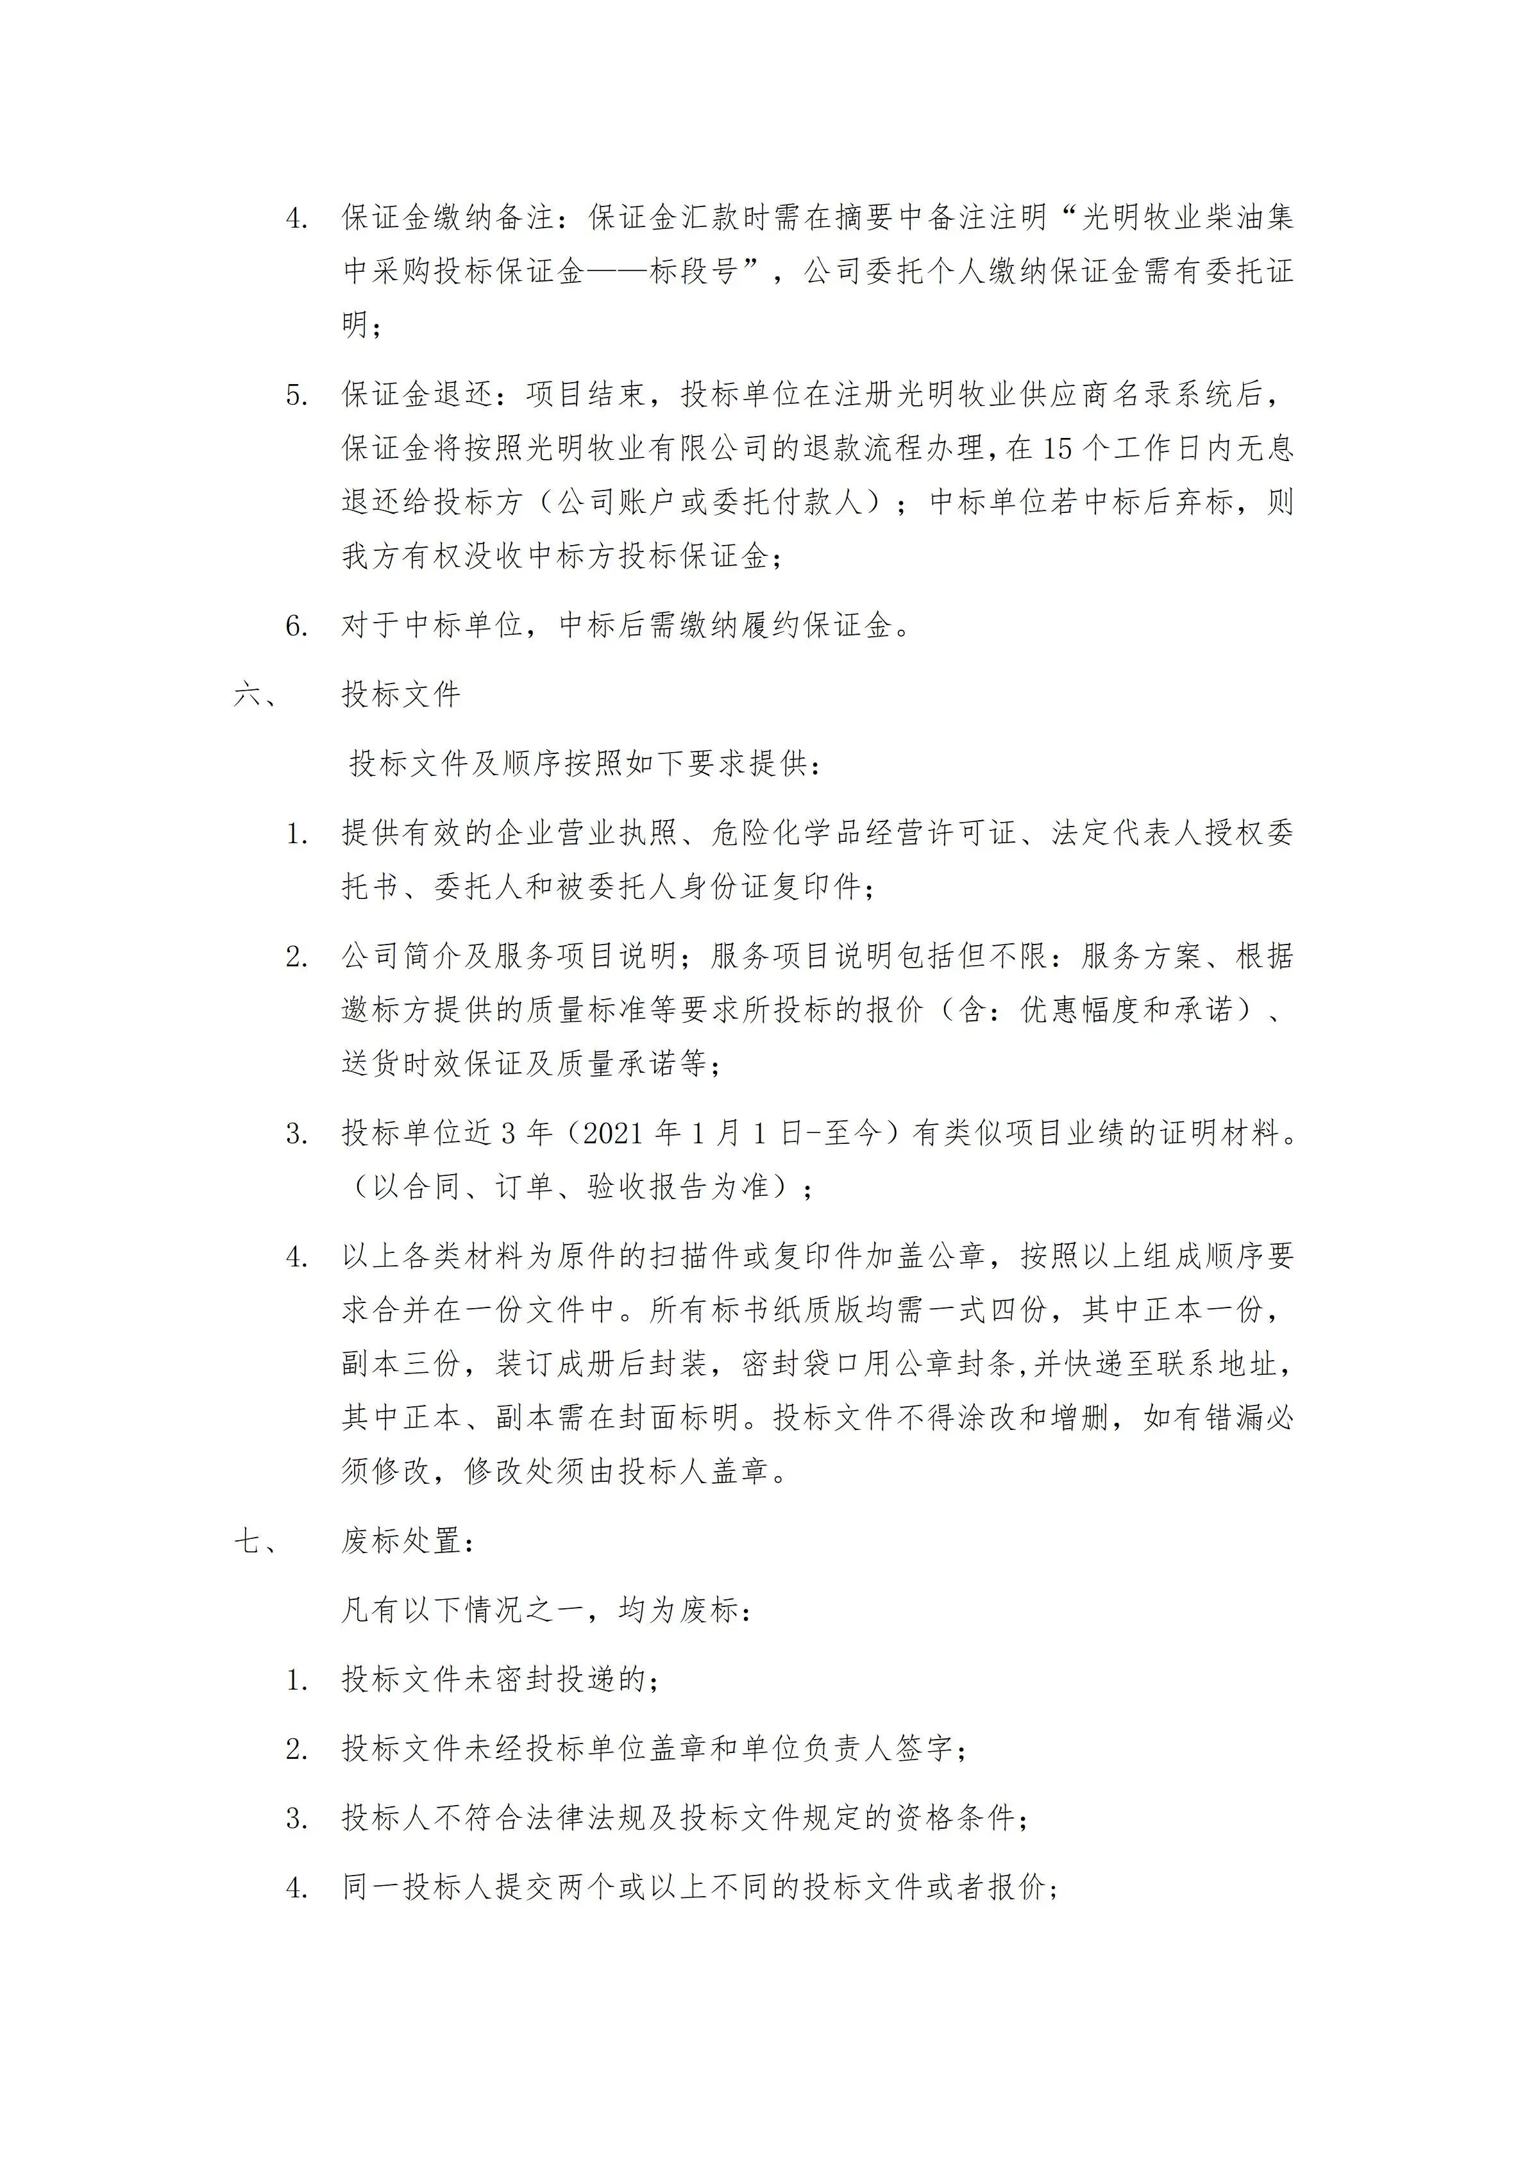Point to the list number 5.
[297, 395]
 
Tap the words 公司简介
[401, 956]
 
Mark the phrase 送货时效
[401, 1064]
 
